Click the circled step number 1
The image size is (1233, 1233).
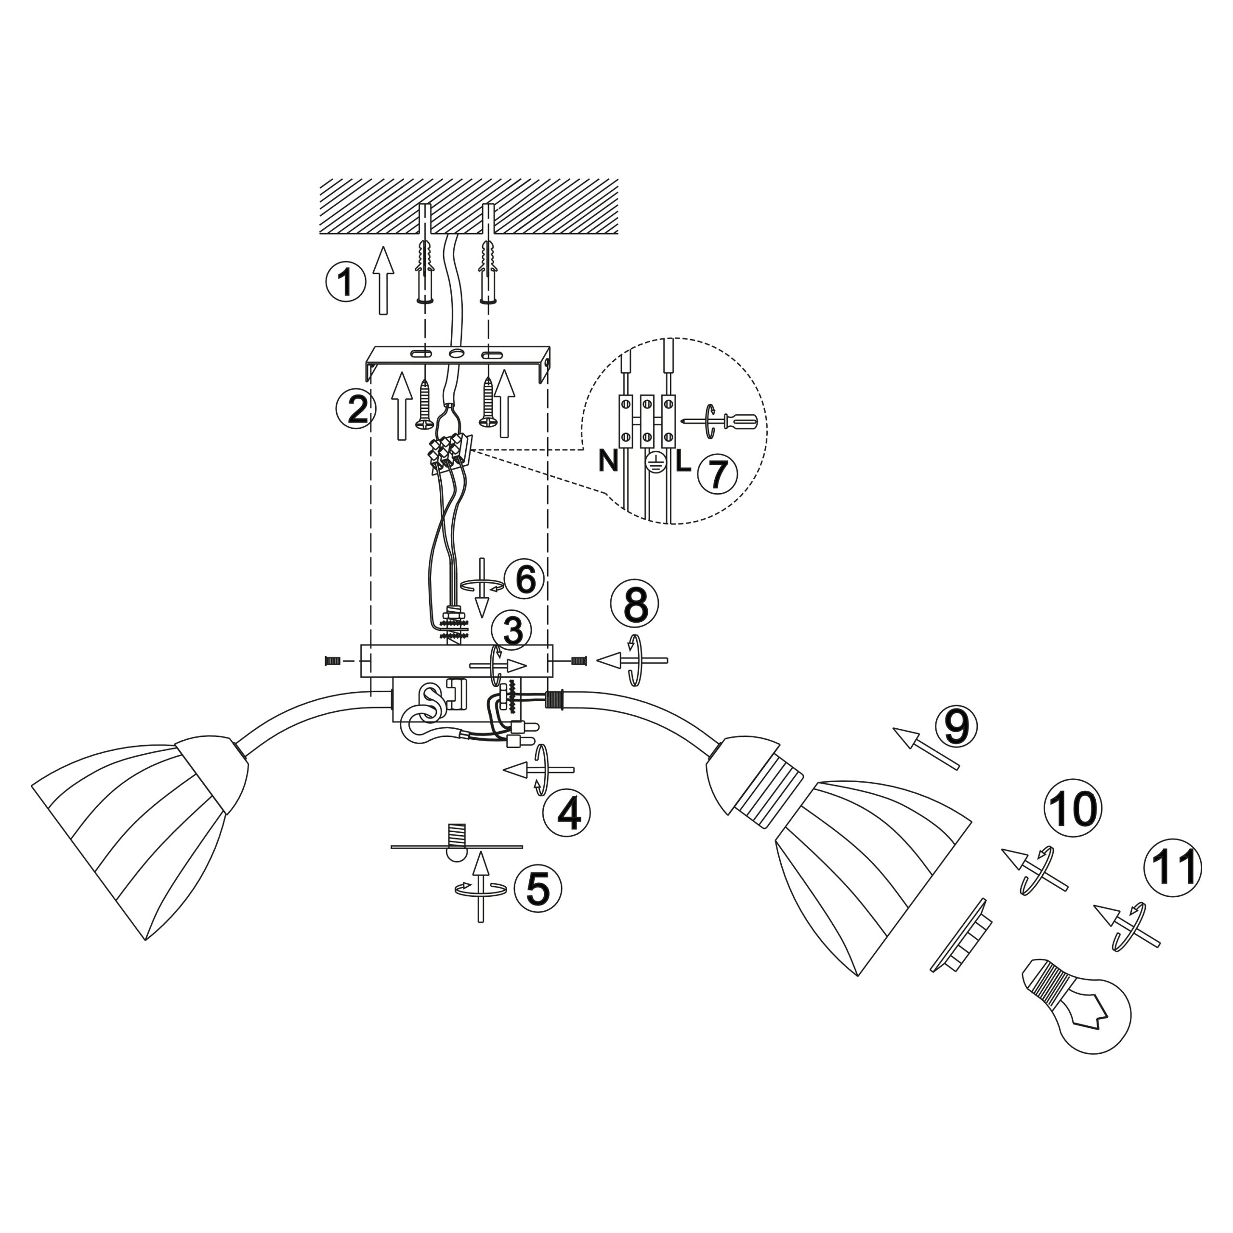pos(345,283)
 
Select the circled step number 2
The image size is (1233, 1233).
pos(356,409)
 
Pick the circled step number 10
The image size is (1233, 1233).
pos(1073,809)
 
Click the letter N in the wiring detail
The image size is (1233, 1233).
pos(608,461)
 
